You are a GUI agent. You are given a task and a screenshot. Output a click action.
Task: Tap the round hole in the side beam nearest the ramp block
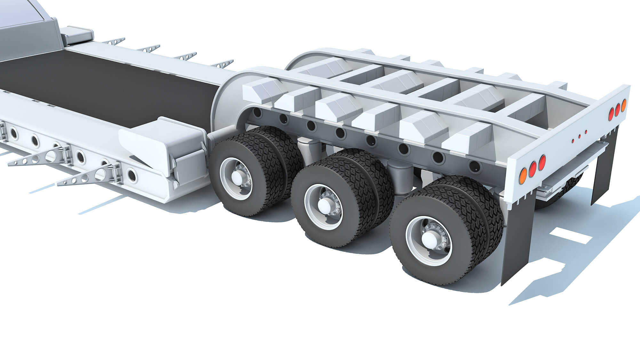pyautogui.click(x=131, y=175)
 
